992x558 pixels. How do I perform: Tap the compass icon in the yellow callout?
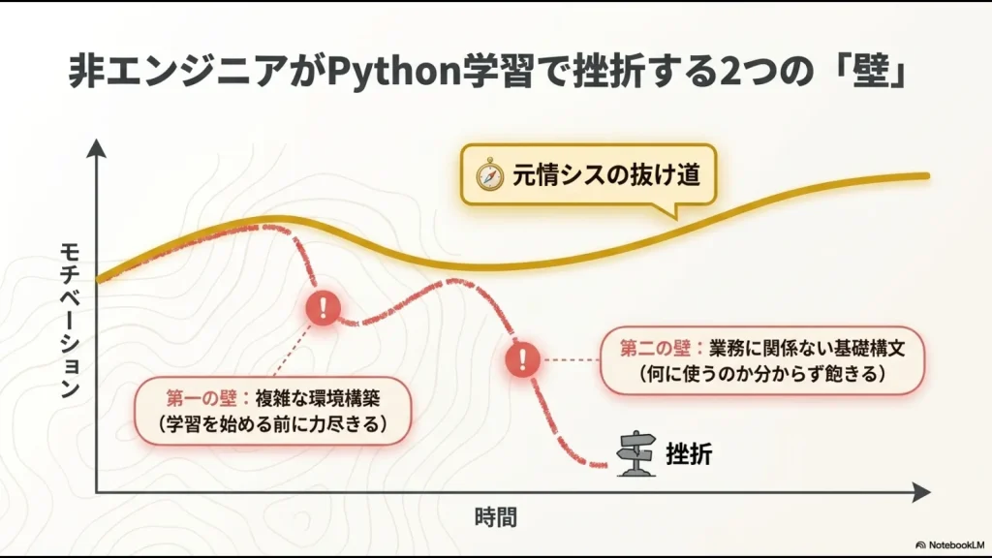click(486, 174)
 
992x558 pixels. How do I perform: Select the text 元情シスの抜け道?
click(604, 175)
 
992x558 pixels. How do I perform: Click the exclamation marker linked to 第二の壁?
click(522, 359)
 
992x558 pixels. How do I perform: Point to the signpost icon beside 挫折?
click(636, 452)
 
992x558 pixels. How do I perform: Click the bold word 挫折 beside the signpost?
click(689, 452)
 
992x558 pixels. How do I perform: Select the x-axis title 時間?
click(496, 516)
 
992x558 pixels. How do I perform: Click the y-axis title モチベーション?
click(69, 320)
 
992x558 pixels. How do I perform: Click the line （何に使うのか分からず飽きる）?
click(762, 374)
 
